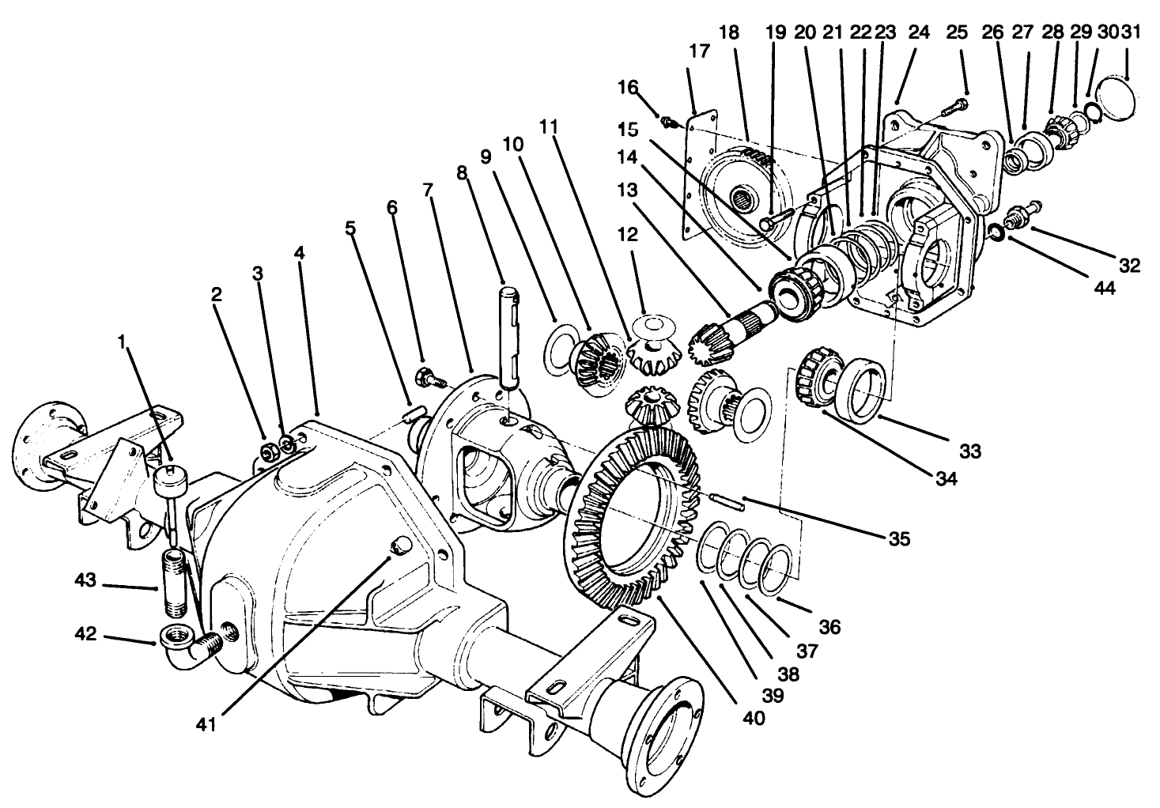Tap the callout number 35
[898, 540]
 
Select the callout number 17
[699, 51]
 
